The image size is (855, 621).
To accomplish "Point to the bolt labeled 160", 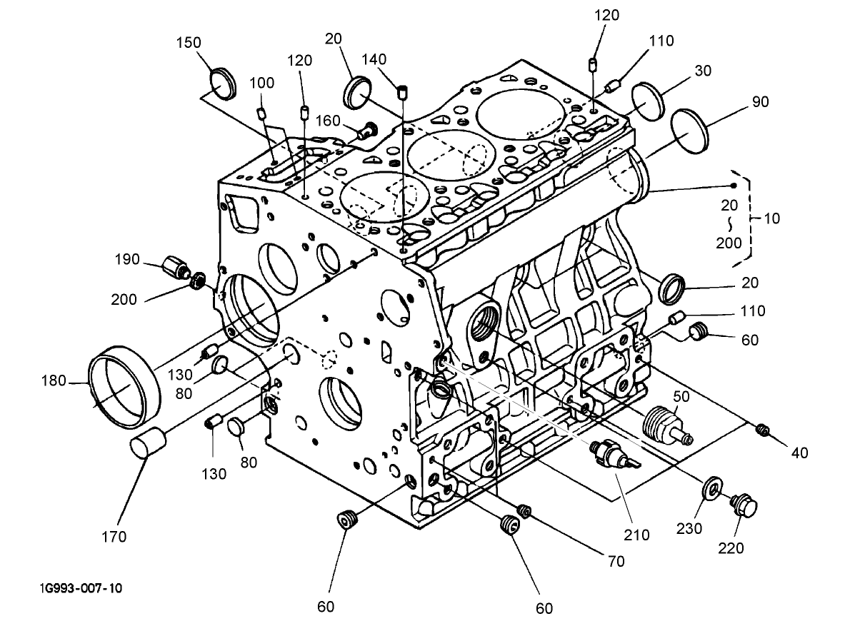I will pyautogui.click(x=367, y=130).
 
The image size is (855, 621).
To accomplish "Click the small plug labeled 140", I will pyautogui.click(x=404, y=91).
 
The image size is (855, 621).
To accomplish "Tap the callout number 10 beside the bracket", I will pyautogui.click(x=771, y=218).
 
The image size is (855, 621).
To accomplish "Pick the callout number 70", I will pyautogui.click(x=615, y=561).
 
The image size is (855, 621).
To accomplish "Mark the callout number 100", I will pyautogui.click(x=261, y=83).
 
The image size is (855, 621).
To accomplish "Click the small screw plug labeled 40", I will pyautogui.click(x=763, y=429).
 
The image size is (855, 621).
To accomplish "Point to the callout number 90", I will pyautogui.click(x=760, y=102).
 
